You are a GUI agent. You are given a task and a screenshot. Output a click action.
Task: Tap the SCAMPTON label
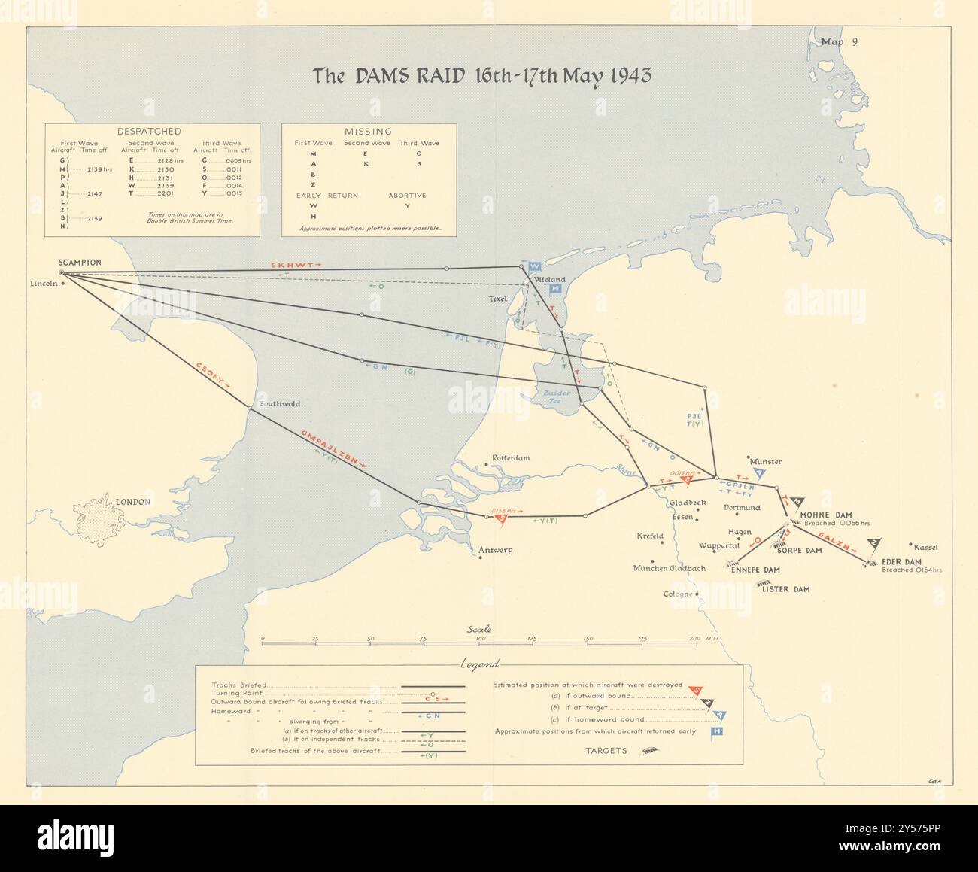79,263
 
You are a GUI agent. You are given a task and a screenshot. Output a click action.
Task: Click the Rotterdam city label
511,458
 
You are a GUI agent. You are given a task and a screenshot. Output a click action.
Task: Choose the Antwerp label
495,550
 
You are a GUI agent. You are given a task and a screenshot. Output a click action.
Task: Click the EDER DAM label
901,561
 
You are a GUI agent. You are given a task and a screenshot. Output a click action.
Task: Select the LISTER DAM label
785,589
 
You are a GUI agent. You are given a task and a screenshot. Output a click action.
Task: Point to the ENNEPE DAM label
755,570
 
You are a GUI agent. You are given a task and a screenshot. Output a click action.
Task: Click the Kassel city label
925,547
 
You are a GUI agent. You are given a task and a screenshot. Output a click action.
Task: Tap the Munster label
766,461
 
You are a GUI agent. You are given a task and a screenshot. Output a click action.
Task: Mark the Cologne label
678,594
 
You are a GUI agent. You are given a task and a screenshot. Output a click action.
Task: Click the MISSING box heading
367,131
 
